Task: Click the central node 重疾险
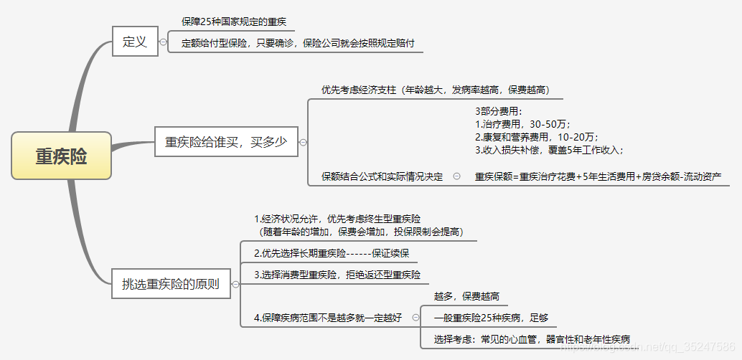coord(62,156)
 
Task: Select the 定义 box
coord(135,42)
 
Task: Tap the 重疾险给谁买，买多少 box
coord(226,142)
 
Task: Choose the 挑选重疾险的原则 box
coord(171,284)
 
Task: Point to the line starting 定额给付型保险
coord(298,43)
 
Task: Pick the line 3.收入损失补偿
coord(550,150)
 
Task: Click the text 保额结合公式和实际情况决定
coord(382,176)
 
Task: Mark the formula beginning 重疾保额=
coord(598,176)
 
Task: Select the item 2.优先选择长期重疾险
coord(332,253)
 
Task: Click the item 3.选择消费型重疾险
coord(337,275)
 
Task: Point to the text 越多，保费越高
coord(466,296)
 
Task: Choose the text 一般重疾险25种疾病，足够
coord(492,318)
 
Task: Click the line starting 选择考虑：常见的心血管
coord(532,339)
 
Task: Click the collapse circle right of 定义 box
coord(164,42)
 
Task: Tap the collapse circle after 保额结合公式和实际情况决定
coord(457,176)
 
